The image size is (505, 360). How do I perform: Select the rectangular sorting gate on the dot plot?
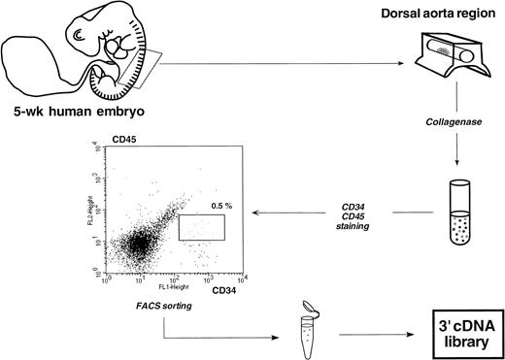coord(202,227)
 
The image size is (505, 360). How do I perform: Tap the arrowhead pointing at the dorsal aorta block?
coord(399,65)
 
